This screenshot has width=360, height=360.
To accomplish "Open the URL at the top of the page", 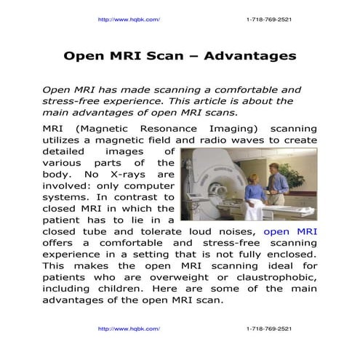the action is (128, 19).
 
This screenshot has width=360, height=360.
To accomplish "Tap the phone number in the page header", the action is (269, 19).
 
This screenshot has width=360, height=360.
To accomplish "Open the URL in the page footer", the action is (128, 329).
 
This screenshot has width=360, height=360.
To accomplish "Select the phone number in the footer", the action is (269, 329).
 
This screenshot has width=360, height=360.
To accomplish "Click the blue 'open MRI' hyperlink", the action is (290, 232).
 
